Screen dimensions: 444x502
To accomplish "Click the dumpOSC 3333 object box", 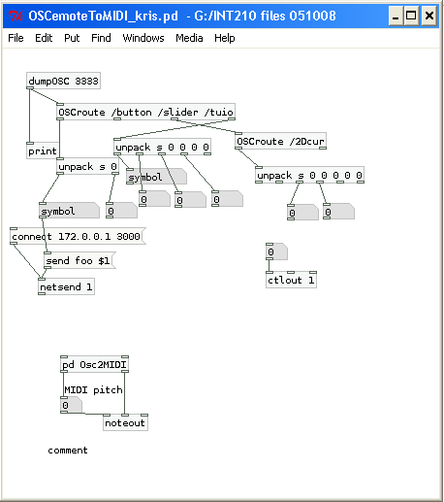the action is [x=63, y=81].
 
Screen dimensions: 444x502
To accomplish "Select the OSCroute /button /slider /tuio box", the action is [x=145, y=112].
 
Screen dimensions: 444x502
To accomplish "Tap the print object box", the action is [x=43, y=151].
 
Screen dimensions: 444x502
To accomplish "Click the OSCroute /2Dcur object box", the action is [x=280, y=141].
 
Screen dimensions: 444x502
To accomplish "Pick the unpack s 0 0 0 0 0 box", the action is [x=309, y=175].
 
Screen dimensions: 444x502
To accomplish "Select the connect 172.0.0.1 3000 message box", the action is [x=78, y=236].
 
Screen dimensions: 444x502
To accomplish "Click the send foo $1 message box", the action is [x=79, y=260].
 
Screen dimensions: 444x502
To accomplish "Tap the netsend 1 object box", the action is [x=66, y=286].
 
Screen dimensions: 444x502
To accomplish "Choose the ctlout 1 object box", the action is [x=291, y=280].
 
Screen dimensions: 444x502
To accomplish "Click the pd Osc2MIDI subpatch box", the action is [x=94, y=364].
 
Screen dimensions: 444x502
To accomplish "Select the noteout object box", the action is [x=125, y=422].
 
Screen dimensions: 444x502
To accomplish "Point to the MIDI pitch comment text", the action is [x=93, y=390].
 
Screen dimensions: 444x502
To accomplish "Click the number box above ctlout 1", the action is [x=276, y=251].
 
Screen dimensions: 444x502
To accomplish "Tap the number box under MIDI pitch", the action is [x=71, y=405].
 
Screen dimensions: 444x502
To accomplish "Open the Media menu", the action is [x=189, y=38].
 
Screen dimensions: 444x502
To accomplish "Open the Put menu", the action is [x=72, y=38].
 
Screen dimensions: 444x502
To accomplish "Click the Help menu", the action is [x=225, y=38].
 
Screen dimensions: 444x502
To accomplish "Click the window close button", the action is [x=429, y=16].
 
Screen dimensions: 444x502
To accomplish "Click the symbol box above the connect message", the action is [x=69, y=211].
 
